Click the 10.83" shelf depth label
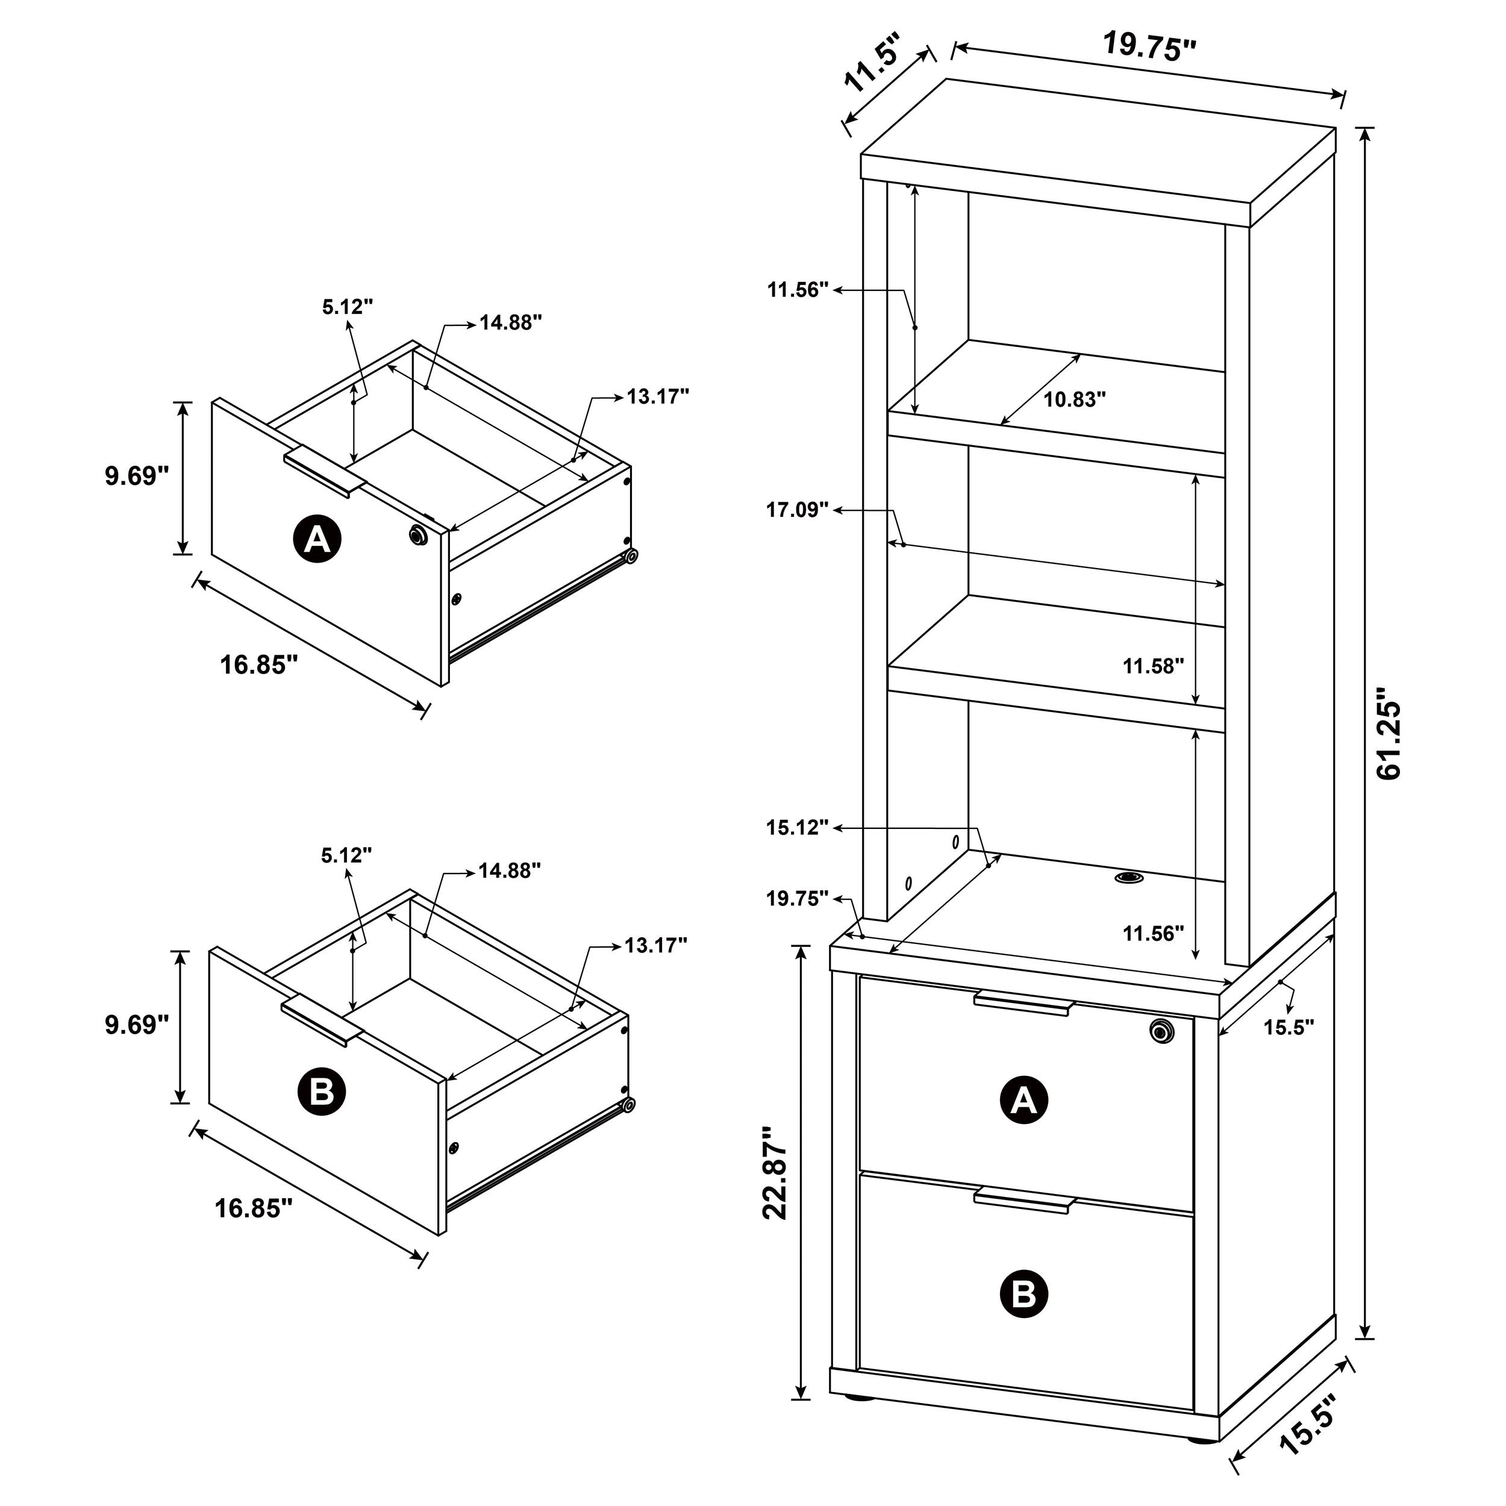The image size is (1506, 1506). [x=1074, y=400]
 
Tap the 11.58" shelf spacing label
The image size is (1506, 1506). [x=1153, y=666]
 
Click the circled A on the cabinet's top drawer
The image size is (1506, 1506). [x=1023, y=1100]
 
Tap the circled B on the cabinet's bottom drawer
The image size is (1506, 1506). [x=1023, y=1294]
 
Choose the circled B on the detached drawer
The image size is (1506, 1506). [x=322, y=1092]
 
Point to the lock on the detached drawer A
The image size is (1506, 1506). [x=419, y=535]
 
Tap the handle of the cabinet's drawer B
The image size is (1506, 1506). [x=1024, y=1201]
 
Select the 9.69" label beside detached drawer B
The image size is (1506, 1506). [x=137, y=1024]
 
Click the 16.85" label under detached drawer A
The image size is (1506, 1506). [x=259, y=665]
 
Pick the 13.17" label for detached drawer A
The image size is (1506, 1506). [x=658, y=397]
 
